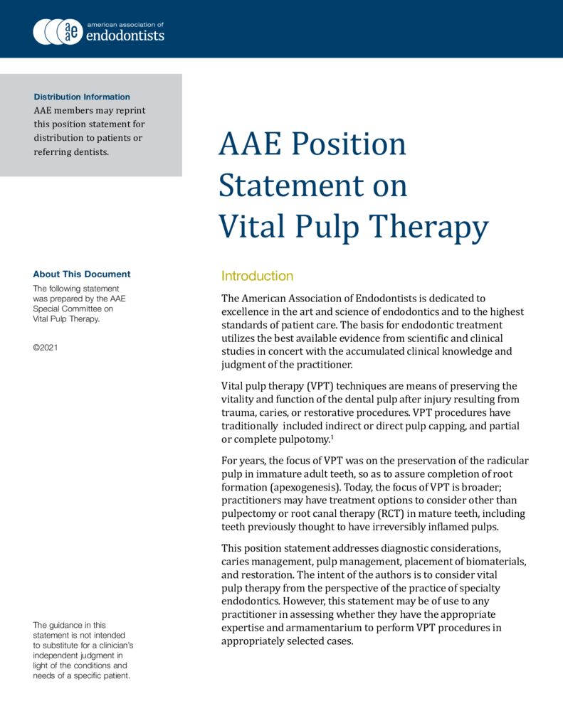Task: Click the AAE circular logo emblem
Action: (58, 31)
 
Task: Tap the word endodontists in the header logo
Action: (125, 36)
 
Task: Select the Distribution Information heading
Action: (82, 97)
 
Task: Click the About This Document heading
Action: (82, 274)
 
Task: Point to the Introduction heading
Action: (257, 276)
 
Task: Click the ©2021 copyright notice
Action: (46, 348)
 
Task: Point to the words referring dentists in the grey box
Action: (72, 151)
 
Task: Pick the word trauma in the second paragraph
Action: (240, 412)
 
